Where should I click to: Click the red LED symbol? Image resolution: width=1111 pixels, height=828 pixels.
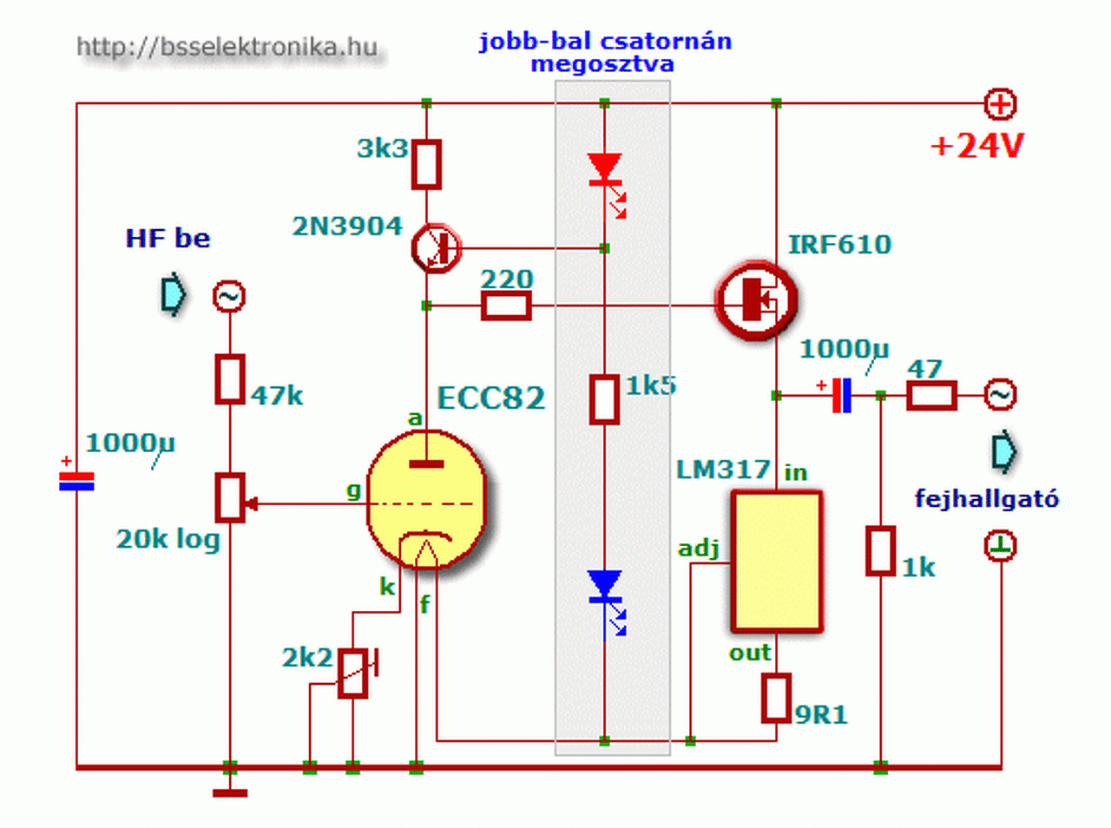[605, 169]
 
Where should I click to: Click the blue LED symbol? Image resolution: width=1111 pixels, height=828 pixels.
[605, 587]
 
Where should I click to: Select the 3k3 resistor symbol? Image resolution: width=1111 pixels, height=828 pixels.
[425, 164]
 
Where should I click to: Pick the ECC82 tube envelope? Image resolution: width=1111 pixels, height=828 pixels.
[426, 499]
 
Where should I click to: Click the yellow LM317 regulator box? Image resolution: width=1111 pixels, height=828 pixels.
[776, 561]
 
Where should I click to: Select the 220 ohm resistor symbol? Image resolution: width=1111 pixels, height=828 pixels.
[506, 306]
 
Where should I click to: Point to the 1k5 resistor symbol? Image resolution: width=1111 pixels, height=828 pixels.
[604, 398]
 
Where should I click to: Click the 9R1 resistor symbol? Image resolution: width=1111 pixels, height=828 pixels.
[776, 698]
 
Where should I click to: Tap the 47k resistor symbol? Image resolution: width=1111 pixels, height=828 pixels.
[229, 378]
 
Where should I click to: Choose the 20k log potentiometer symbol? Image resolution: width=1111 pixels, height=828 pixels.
[230, 498]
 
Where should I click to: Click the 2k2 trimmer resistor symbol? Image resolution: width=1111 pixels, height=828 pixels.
[353, 674]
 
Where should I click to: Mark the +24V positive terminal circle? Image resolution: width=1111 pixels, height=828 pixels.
[1000, 104]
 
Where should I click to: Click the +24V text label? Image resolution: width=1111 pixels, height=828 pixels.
[977, 146]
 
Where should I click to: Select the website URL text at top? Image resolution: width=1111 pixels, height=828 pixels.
[227, 47]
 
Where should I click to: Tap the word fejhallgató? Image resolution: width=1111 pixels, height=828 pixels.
[986, 499]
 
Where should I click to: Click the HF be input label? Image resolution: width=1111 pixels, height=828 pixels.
[168, 239]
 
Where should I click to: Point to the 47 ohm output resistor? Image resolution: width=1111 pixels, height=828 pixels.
[931, 396]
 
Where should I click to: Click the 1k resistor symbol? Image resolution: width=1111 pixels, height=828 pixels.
[880, 550]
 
